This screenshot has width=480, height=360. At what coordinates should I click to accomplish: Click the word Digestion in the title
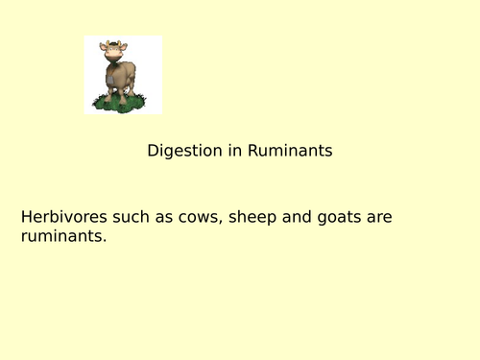point(180,151)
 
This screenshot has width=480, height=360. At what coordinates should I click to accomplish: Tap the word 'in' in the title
point(228,151)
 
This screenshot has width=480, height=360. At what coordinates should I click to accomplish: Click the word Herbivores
point(60,217)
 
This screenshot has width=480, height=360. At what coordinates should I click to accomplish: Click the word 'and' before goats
point(299,217)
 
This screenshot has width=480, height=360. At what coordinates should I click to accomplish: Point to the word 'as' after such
point(163,217)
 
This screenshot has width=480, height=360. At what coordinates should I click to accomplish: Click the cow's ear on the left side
point(104,47)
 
